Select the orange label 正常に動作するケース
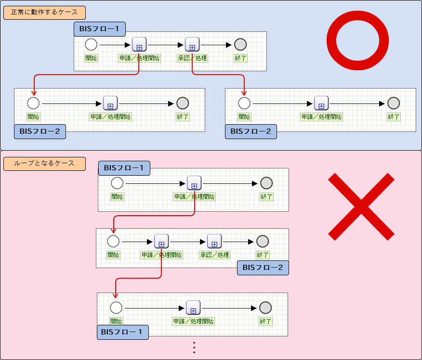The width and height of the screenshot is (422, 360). click(44, 12)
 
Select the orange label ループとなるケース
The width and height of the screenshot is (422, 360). click(44, 164)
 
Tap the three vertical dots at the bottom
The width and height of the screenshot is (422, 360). click(194, 348)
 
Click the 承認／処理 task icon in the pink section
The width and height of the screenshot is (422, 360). click(214, 241)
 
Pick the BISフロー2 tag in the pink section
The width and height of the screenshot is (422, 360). click(263, 268)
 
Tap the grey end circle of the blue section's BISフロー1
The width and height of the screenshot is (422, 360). click(240, 45)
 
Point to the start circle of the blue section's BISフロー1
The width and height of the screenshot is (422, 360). click(91, 45)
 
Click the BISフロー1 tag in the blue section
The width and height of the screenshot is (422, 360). click(100, 29)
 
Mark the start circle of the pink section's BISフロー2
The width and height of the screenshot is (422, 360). click(113, 241)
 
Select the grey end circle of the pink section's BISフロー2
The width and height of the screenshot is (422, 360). click(263, 241)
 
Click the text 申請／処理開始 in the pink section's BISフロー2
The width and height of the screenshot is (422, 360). click(162, 255)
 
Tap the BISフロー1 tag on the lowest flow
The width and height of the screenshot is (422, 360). click(123, 332)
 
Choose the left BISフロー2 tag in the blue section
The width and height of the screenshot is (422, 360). click(40, 131)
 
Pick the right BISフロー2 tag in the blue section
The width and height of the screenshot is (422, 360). click(251, 131)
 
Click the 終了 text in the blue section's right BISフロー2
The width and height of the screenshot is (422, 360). click(394, 116)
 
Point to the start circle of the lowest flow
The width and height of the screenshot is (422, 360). click(116, 308)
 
